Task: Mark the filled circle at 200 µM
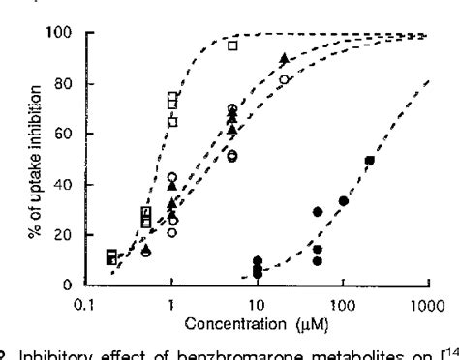point(369,161)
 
